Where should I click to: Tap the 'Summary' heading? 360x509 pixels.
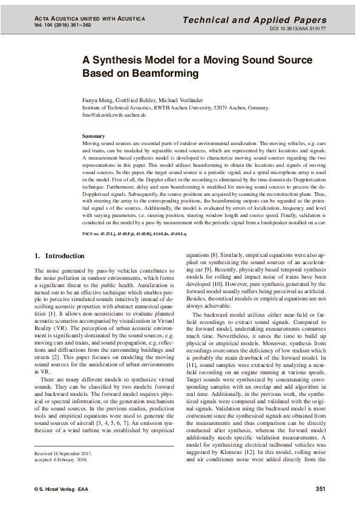[94, 136]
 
